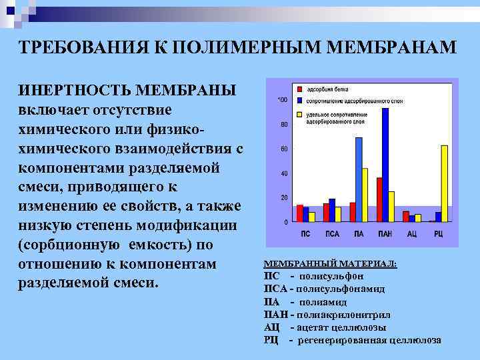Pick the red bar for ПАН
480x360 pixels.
[379, 199]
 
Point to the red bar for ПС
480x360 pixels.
[300, 213]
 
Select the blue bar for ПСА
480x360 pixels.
[332, 209]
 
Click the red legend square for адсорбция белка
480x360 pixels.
[299, 88]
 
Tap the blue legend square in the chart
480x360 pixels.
[299, 100]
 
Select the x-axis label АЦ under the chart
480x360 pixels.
[413, 234]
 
